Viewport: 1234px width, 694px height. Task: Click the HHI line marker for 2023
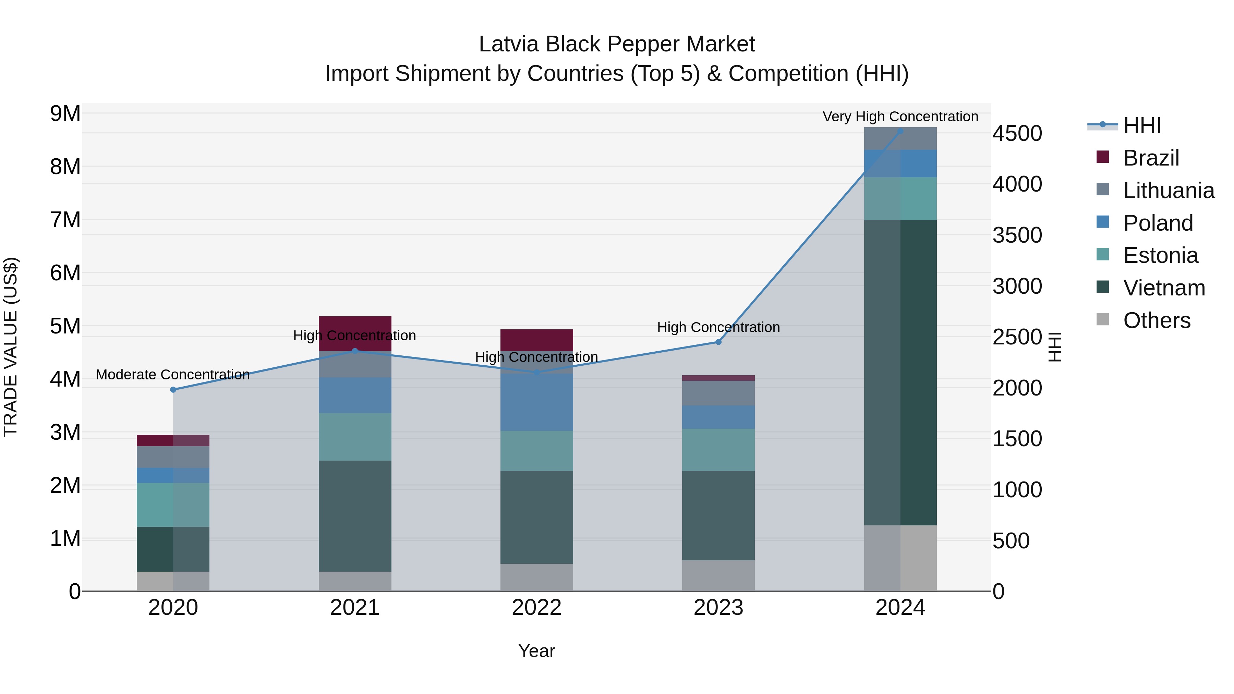click(x=718, y=342)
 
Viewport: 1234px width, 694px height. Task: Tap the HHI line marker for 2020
click(x=173, y=390)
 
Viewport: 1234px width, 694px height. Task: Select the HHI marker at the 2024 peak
click(x=900, y=131)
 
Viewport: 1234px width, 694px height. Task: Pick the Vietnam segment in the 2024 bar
click(x=900, y=373)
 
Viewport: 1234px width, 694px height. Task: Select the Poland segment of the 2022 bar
click(x=536, y=402)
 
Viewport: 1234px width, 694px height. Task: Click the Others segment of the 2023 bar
click(x=718, y=576)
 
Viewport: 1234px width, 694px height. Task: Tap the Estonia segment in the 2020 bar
click(x=173, y=505)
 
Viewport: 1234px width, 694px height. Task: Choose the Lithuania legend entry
click(x=1169, y=191)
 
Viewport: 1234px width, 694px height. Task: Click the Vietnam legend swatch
click(x=1103, y=287)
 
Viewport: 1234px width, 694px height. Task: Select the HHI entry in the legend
click(x=1142, y=125)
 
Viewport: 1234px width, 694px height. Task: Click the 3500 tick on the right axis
click(x=1017, y=235)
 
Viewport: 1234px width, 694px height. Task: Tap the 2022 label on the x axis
click(x=536, y=608)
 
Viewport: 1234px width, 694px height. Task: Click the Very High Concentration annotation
click(x=900, y=117)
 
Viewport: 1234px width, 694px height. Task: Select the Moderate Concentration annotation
click(x=173, y=375)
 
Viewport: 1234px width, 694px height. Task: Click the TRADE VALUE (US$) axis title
click(x=11, y=347)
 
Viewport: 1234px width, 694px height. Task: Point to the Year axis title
click(x=536, y=651)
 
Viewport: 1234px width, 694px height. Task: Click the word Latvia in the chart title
click(x=509, y=44)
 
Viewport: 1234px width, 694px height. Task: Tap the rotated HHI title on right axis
click(x=1055, y=347)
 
